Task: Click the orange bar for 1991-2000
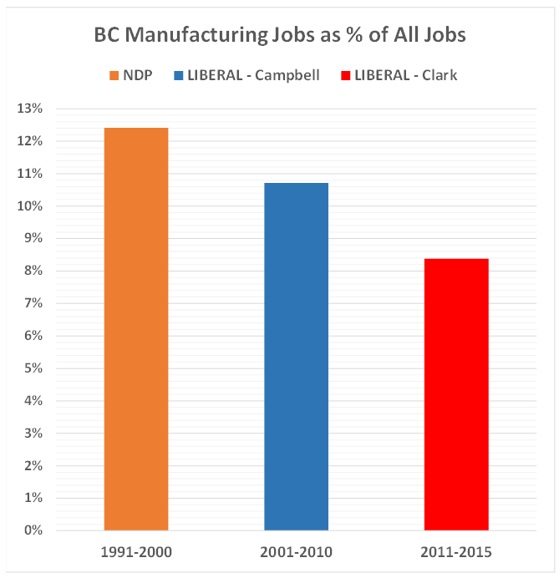(136, 329)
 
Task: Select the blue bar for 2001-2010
(296, 357)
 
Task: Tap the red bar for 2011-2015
(456, 394)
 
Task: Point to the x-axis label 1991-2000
(135, 552)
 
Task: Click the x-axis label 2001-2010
(296, 552)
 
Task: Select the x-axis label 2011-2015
(456, 552)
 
